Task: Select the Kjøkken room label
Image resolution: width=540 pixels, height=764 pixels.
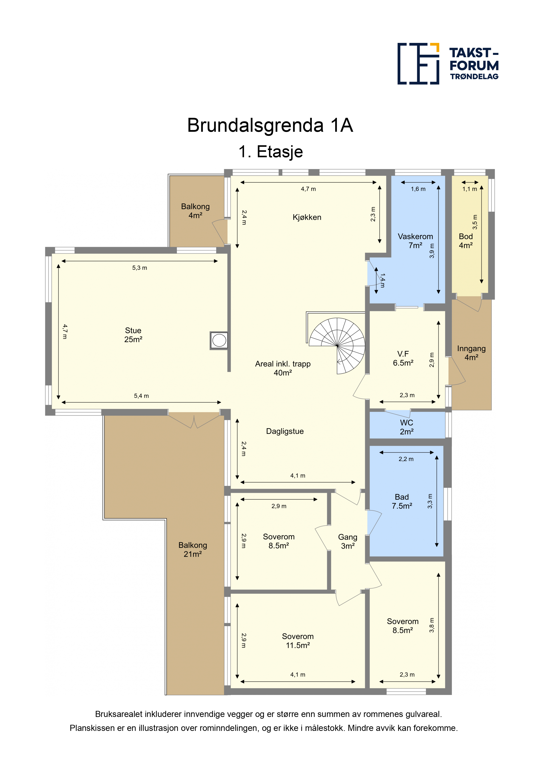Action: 307,217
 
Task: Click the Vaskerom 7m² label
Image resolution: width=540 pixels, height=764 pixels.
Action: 415,241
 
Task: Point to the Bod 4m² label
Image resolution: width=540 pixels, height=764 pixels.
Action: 466,241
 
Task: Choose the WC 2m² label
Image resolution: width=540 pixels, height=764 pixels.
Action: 406,427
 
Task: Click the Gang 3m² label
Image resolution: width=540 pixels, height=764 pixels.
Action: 348,541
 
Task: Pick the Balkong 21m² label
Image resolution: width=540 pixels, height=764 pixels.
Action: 193,549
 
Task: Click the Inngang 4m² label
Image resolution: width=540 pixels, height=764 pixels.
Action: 471,353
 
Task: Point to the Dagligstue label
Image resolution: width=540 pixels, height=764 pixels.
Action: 285,431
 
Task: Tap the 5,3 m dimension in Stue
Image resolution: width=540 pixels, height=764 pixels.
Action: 139,268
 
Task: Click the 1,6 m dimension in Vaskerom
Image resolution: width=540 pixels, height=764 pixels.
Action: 418,189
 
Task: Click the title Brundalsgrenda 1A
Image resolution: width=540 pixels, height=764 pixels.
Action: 270,125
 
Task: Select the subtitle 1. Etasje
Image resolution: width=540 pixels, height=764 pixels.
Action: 270,152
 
